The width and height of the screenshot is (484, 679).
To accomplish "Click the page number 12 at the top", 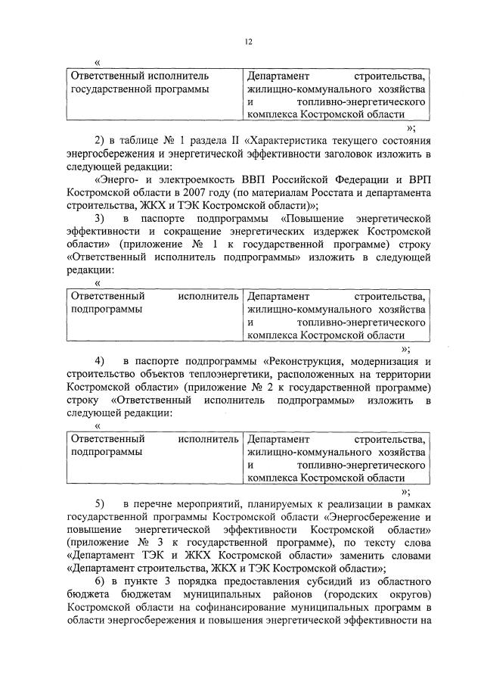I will (247, 43).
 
